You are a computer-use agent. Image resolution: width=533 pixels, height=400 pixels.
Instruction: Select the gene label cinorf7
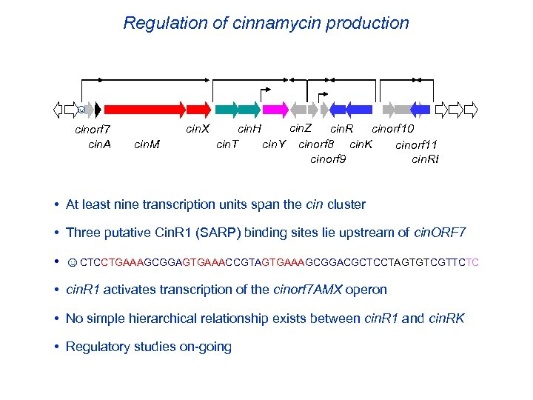coord(94,131)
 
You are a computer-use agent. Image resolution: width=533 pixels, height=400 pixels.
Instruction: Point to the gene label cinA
coord(99,144)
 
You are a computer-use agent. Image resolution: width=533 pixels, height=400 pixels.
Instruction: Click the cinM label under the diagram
coord(147,144)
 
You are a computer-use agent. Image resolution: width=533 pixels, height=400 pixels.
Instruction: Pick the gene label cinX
coord(197,129)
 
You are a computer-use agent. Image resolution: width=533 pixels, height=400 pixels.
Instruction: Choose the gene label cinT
coord(227,144)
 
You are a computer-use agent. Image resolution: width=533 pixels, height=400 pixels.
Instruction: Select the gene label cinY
coord(274,144)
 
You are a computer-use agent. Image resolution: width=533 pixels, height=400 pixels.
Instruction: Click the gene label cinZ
coord(301,128)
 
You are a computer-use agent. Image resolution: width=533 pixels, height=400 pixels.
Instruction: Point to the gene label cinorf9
coord(328,159)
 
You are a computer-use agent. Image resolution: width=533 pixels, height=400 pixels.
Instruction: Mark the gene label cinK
coord(361,144)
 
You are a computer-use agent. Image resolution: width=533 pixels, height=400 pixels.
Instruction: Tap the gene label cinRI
coord(425,159)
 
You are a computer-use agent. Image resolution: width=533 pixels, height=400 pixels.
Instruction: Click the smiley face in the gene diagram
coord(81,110)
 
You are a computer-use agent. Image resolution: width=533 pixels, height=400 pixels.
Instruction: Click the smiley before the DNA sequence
coord(72,261)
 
